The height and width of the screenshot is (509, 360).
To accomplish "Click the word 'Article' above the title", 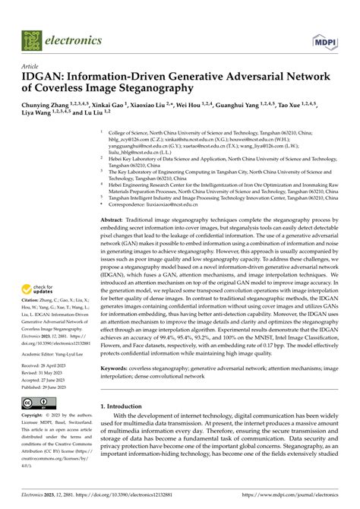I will [x=32, y=66].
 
